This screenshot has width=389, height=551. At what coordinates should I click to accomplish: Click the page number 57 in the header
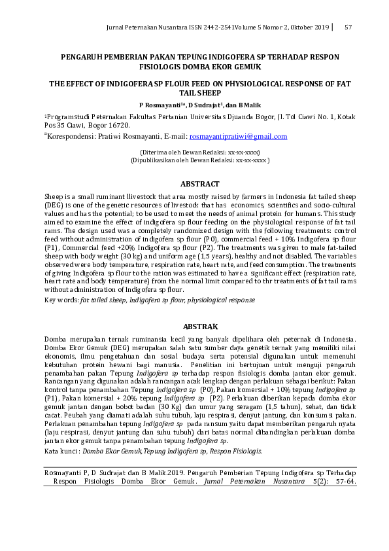click(x=348, y=27)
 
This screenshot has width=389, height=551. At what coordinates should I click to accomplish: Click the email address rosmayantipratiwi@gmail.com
click(x=238, y=136)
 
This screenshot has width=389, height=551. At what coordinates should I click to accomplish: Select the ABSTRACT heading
click(x=200, y=184)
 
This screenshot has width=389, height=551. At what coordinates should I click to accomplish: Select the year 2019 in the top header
click(x=318, y=27)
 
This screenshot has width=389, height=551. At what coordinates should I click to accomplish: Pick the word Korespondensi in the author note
click(x=69, y=136)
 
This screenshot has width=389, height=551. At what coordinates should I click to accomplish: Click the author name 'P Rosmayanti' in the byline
click(x=161, y=104)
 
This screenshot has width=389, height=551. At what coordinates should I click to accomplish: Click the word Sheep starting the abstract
click(x=53, y=195)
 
